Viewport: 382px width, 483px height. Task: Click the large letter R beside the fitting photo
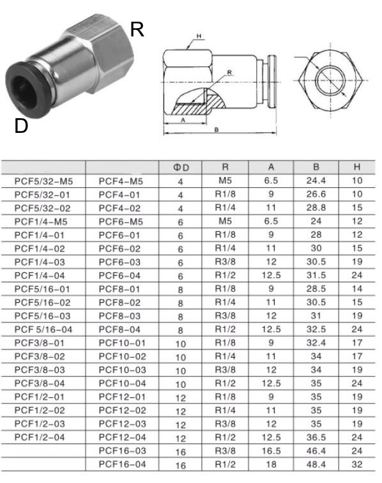(x=137, y=29)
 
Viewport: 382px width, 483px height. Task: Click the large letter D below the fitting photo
(x=21, y=126)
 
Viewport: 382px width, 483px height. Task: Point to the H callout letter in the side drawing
(x=199, y=36)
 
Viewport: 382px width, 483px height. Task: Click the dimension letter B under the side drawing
(x=217, y=130)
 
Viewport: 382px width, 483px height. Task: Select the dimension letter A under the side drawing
(x=183, y=120)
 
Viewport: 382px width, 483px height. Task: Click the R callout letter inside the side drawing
(x=229, y=72)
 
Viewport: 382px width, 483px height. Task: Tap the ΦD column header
(x=181, y=167)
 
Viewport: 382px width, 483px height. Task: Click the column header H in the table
(x=357, y=167)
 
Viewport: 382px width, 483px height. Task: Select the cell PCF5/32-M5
(x=43, y=181)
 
